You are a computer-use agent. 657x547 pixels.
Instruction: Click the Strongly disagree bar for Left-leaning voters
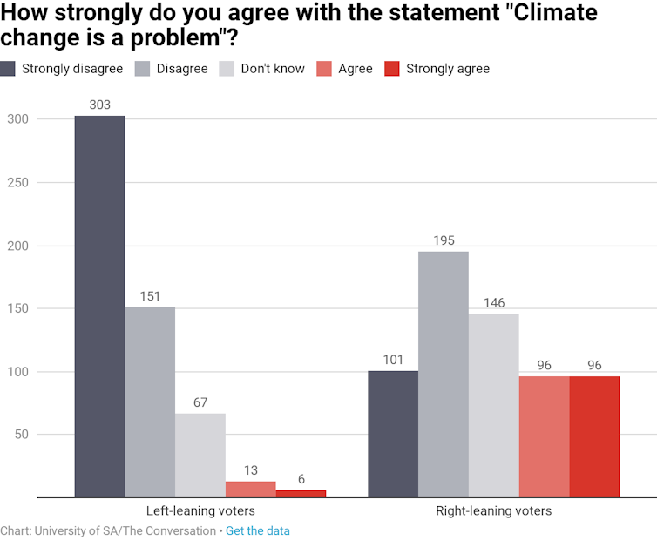point(99,307)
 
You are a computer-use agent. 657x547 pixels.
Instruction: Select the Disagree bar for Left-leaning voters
point(150,402)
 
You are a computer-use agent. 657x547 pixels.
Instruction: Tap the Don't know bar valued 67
point(200,456)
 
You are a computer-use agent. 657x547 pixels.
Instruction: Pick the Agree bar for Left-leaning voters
point(250,490)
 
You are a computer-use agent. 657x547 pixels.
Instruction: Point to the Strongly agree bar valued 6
point(301,494)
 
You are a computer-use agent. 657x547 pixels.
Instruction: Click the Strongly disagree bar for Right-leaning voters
point(393,434)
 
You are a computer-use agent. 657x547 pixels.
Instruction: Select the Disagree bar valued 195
point(444,375)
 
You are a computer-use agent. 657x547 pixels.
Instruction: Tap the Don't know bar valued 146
point(494,406)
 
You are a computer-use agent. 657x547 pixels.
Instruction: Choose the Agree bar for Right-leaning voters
point(544,437)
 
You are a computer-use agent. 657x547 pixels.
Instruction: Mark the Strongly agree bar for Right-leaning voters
point(594,437)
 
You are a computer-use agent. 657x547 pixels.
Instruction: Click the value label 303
point(99,105)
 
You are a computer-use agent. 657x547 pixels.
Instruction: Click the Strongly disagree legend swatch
point(8,69)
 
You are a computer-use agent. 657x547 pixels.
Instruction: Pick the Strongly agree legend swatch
point(392,69)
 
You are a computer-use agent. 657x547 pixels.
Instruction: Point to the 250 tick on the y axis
point(17,183)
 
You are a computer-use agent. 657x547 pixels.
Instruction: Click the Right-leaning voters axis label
point(493,510)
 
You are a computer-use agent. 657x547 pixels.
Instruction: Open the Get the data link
point(258,530)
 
